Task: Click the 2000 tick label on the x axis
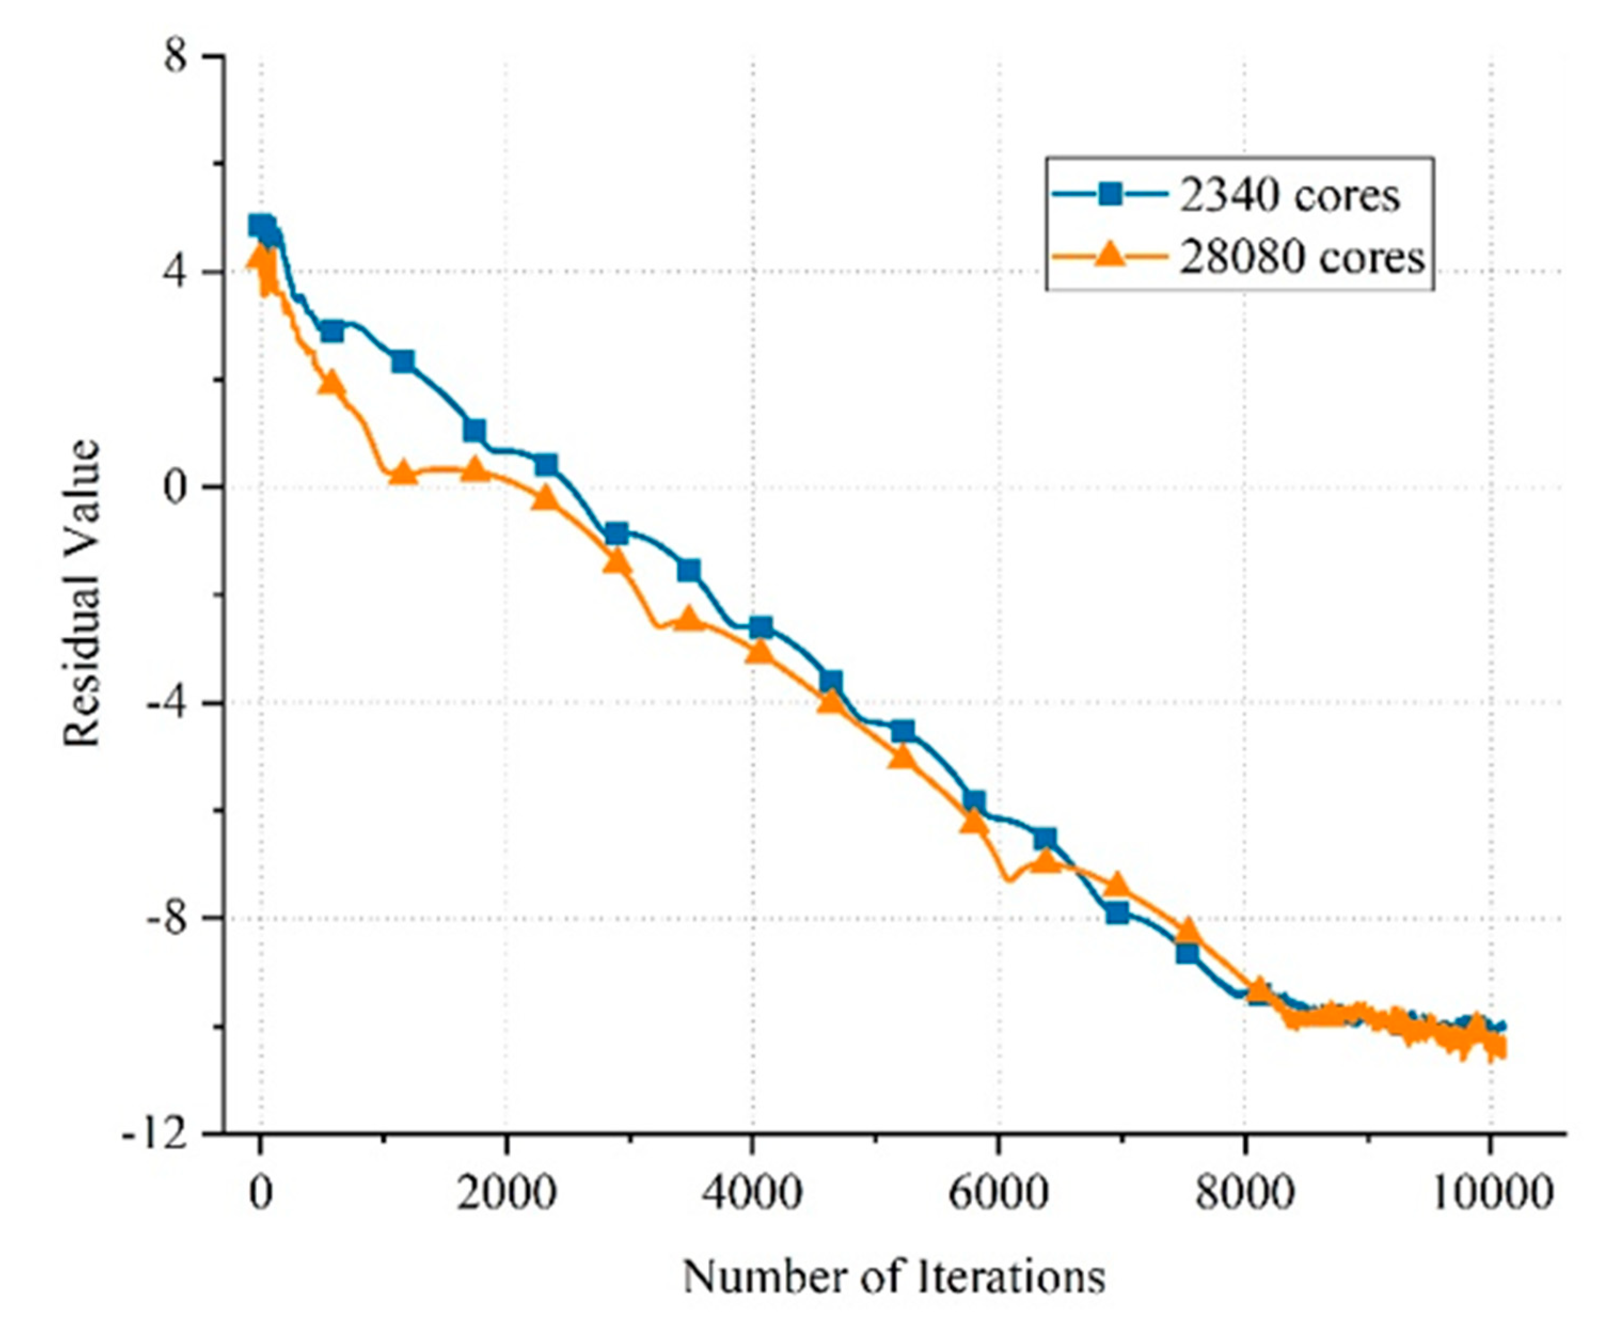coord(507,1192)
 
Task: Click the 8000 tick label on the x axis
coord(1245,1192)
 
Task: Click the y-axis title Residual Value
coord(82,593)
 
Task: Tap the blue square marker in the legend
coord(1110,195)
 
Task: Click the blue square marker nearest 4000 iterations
coord(761,628)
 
